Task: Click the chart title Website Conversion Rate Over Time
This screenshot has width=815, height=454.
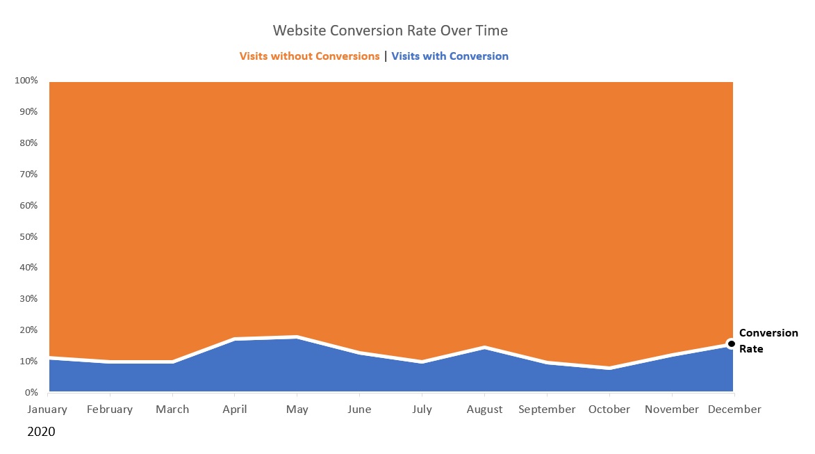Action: (390, 31)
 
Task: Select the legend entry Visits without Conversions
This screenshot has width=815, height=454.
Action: (309, 56)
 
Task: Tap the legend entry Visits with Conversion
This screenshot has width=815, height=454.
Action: (450, 56)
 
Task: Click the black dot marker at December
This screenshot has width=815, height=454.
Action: (731, 343)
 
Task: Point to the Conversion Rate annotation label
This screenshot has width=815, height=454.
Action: (768, 341)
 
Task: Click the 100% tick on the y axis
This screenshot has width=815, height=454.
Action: (26, 81)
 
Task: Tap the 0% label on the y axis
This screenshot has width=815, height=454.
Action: (31, 393)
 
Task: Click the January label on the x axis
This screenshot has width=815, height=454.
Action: (47, 410)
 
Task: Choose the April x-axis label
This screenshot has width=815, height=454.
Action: (235, 410)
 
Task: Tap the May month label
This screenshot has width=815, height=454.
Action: (297, 410)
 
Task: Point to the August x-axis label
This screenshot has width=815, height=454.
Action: (484, 410)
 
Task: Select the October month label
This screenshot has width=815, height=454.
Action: (609, 410)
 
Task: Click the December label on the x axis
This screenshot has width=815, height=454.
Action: (734, 410)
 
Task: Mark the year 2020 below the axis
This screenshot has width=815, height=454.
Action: (41, 432)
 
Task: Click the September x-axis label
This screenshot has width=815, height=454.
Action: (547, 410)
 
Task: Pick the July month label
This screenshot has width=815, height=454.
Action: (422, 410)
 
